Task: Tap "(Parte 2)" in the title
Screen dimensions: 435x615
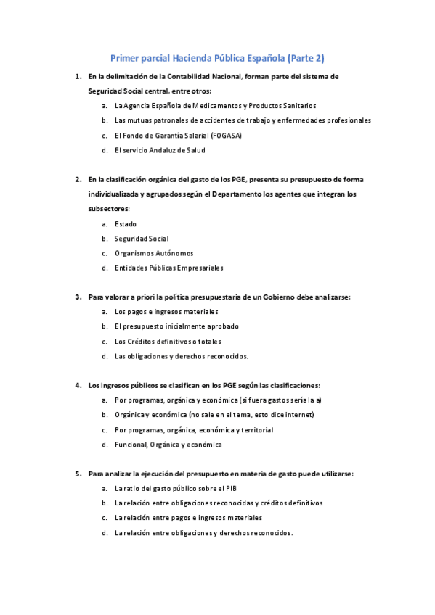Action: [x=306, y=57]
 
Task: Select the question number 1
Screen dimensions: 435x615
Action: [x=78, y=75]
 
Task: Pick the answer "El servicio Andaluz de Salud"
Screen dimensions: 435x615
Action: [x=160, y=150]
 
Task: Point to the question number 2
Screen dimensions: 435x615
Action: [x=78, y=178]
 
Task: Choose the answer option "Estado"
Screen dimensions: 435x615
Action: [x=125, y=224]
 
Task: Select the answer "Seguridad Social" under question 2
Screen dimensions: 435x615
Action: [x=141, y=239]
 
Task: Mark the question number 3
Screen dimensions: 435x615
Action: [x=78, y=297]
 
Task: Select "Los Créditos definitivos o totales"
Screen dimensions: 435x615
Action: [x=168, y=341]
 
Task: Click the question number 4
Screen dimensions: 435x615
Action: [x=78, y=384]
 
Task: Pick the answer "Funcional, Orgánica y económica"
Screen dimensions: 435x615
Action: [x=168, y=444]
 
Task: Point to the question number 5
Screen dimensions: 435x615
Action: [x=78, y=474]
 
